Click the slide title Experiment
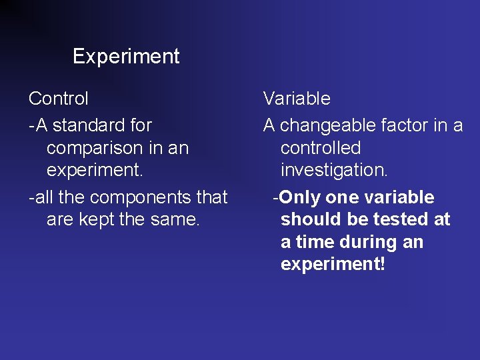coord(126,57)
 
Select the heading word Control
coord(59,99)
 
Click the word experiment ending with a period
coord(95,170)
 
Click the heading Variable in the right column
coord(297,99)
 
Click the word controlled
coord(321,148)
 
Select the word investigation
coord(334,170)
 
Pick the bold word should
coord(307,219)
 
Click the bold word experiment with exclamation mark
coord(333,265)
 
